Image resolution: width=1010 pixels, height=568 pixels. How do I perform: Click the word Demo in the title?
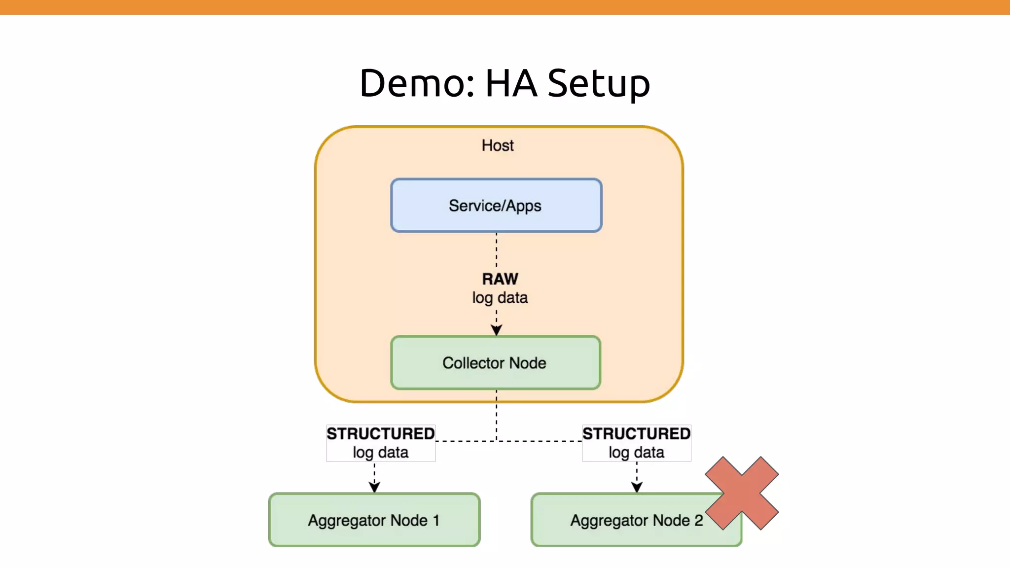[x=412, y=83]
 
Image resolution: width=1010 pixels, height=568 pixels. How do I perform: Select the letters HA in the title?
[x=510, y=83]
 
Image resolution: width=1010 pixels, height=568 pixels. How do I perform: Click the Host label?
[x=497, y=145]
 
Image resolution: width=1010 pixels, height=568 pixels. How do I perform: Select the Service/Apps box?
[x=496, y=206]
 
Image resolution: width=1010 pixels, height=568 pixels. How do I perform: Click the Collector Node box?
[x=496, y=363]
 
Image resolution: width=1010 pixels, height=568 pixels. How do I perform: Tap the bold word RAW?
[x=500, y=279]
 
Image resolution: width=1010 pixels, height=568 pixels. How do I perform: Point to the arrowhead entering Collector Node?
[x=496, y=331]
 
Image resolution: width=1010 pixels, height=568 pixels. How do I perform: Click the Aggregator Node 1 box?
[x=374, y=520]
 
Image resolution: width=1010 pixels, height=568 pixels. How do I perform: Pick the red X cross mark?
[x=741, y=493]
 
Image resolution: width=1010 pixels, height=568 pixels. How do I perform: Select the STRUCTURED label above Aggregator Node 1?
[x=380, y=434]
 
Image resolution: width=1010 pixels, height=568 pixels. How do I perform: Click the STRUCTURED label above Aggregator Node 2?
[x=636, y=434]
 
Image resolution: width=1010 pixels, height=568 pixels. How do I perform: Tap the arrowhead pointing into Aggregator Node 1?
[x=374, y=487]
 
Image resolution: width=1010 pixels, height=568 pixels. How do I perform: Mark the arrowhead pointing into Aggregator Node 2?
[x=637, y=487]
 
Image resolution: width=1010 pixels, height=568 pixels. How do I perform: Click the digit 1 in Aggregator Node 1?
[x=436, y=520]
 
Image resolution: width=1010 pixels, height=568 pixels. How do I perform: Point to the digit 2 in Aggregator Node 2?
[x=698, y=520]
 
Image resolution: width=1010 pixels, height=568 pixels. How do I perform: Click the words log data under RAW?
[x=500, y=298]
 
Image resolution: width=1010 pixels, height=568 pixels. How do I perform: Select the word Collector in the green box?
[x=473, y=363]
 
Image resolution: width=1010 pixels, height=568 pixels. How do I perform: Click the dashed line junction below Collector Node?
[x=496, y=441]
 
